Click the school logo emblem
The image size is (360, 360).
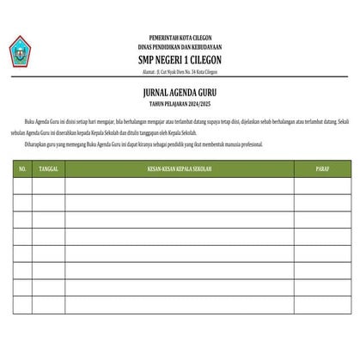pyautogui.click(x=20, y=52)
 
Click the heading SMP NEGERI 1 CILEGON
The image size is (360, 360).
pyautogui.click(x=179, y=61)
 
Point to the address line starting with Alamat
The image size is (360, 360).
pyautogui.click(x=179, y=72)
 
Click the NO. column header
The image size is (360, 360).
pyautogui.click(x=22, y=169)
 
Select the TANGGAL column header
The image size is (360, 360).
pyautogui.click(x=48, y=169)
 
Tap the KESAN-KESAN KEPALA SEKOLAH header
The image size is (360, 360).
pyautogui.click(x=179, y=169)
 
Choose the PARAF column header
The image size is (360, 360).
pyautogui.click(x=321, y=169)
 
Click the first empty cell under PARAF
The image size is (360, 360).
pyautogui.click(x=321, y=186)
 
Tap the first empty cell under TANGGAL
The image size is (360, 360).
pyautogui.click(x=48, y=186)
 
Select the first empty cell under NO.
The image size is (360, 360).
pyautogui.click(x=22, y=186)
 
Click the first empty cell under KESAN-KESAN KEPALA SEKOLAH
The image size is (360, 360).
pyautogui.click(x=179, y=186)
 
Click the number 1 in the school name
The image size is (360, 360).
pyautogui.click(x=180, y=61)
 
